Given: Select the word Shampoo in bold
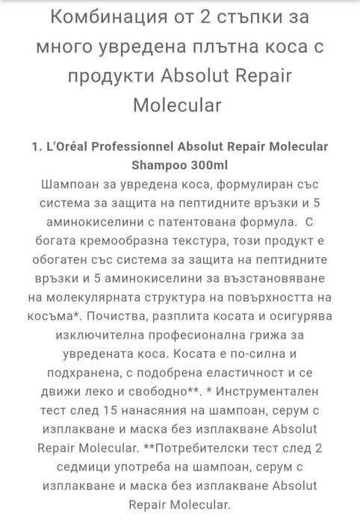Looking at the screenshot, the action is coord(155,164).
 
